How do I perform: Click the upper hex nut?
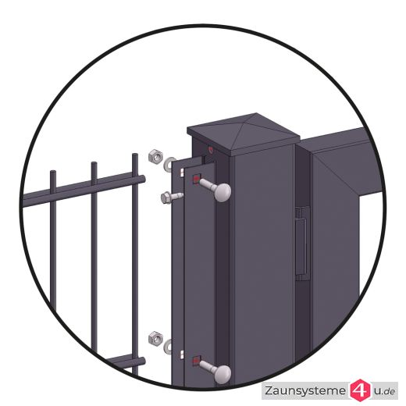(x=155, y=156)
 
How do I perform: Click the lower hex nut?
(x=155, y=338)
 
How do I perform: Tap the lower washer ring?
(x=168, y=347)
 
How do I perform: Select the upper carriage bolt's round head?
(x=223, y=192)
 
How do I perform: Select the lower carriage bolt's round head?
(x=223, y=374)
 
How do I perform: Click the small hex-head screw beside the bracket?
(x=169, y=198)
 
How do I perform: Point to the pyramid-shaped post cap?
(x=244, y=132)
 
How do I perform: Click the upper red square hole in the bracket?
(x=197, y=179)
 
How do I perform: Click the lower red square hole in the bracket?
(x=197, y=361)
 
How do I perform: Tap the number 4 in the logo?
(x=361, y=390)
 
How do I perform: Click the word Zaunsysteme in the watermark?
(x=305, y=390)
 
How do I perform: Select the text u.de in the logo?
(x=384, y=391)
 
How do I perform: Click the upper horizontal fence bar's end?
(x=142, y=179)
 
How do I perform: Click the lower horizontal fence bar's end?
(x=142, y=361)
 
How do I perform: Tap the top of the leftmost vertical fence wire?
(x=53, y=173)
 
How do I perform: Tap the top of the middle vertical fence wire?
(x=94, y=164)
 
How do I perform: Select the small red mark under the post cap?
(x=211, y=149)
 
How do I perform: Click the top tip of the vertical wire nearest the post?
(x=135, y=155)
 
